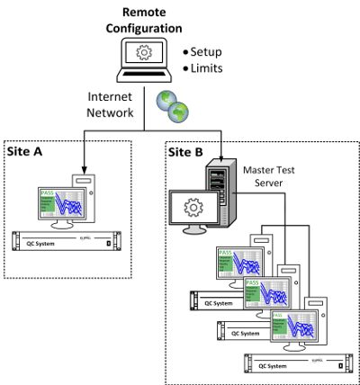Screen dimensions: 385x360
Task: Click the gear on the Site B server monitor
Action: (x=192, y=209)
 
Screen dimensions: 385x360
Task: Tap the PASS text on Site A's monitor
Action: (x=48, y=192)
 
